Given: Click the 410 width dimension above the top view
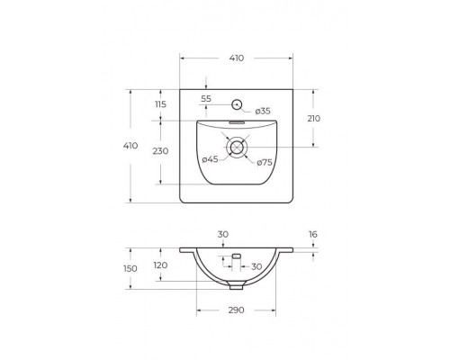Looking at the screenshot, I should (x=236, y=58).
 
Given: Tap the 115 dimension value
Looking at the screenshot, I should (x=161, y=104).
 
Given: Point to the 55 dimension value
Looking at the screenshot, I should (x=206, y=98).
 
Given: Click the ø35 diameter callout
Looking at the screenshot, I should (x=263, y=111).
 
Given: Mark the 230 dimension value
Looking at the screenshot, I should (x=161, y=151).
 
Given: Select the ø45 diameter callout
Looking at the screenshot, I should (x=210, y=159).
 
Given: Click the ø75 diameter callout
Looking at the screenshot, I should (x=264, y=162).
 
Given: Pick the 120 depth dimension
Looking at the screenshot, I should (x=161, y=265).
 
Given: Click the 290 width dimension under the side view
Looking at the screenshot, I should (x=236, y=310).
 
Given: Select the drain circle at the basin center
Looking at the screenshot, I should (x=237, y=148).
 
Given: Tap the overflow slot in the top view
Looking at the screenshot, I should (x=237, y=121).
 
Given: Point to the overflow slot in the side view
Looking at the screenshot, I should (x=237, y=257).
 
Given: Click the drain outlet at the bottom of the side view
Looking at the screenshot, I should (x=237, y=287).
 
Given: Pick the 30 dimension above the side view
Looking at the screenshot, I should (x=222, y=236).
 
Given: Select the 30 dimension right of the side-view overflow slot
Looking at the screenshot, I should (x=256, y=265).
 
